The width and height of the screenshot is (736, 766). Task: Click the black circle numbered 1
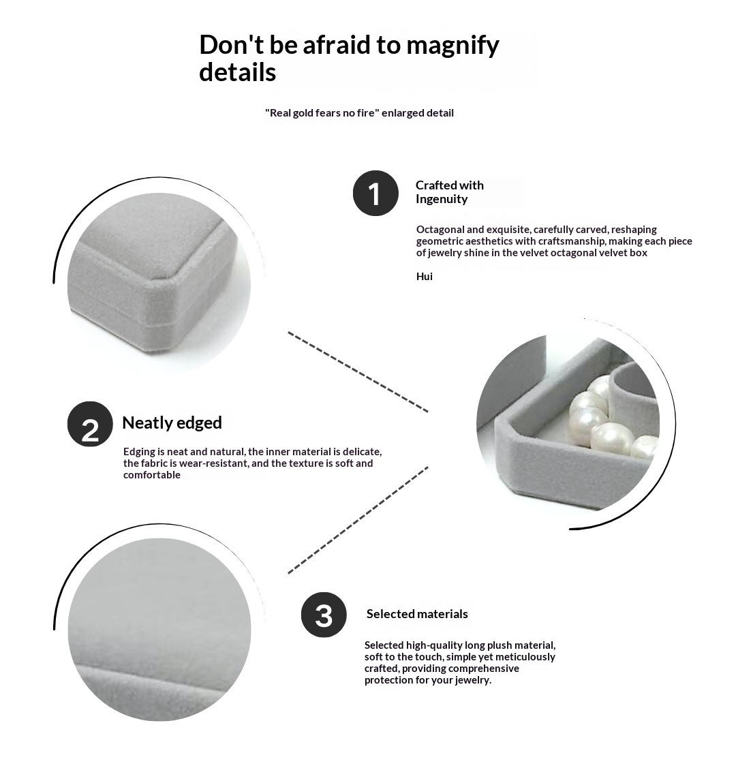[x=375, y=193]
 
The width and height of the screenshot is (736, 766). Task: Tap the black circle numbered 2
[x=91, y=424]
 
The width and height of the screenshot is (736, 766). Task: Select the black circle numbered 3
[x=324, y=615]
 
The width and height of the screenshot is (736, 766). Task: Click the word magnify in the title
[x=453, y=45]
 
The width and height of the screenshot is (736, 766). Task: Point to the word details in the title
[x=237, y=72]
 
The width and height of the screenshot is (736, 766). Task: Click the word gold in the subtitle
[x=303, y=113]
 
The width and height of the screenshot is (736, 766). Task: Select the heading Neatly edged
[x=172, y=423]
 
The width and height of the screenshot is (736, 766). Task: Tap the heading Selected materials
[x=417, y=614]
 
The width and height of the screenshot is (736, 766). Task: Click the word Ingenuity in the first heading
[x=442, y=199]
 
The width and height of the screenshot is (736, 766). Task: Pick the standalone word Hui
[x=425, y=277]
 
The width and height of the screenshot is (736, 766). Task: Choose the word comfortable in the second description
[x=151, y=475]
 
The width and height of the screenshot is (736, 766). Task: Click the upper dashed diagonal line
[x=358, y=372]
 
